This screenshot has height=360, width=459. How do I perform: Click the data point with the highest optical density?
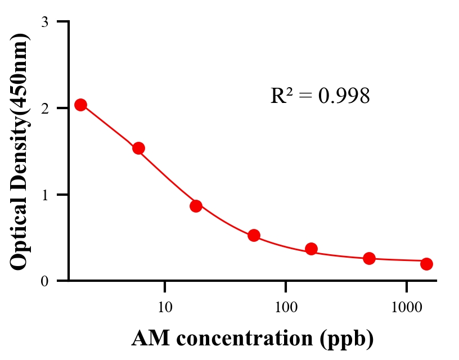[80, 105]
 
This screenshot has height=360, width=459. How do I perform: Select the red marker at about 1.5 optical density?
[138, 148]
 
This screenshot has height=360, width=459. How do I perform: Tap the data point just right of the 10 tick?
[196, 206]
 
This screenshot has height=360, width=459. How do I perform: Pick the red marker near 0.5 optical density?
[254, 235]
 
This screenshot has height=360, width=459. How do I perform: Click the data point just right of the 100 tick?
[311, 249]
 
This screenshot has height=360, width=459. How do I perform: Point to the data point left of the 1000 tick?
[369, 258]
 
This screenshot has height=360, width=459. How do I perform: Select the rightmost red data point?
[426, 264]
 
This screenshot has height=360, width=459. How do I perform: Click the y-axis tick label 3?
[44, 22]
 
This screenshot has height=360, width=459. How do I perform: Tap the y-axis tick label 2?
[44, 108]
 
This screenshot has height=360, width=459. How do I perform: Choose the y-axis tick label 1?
[44, 195]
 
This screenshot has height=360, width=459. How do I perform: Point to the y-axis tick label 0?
[44, 281]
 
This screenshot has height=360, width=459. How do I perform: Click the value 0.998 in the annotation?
[344, 96]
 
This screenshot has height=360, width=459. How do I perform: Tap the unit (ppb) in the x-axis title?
[347, 339]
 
